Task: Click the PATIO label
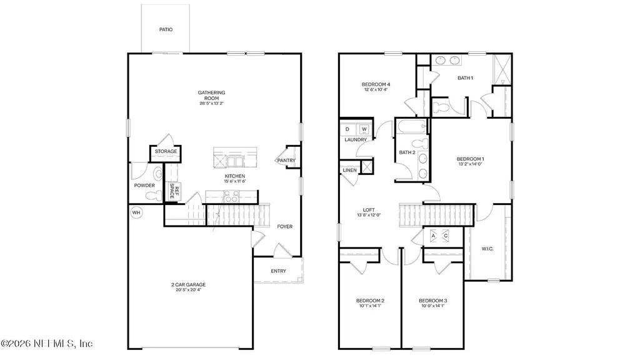(x=165, y=29)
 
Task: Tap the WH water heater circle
(x=136, y=213)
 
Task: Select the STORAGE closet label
(x=166, y=151)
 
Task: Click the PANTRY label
(x=286, y=161)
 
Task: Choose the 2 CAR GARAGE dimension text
(x=188, y=290)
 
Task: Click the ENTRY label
(x=278, y=271)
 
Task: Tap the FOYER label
(x=284, y=226)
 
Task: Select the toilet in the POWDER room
(x=152, y=195)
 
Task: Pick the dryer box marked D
(x=348, y=129)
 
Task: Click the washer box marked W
(x=363, y=129)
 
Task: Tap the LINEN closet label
(x=349, y=170)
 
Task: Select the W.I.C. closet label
(x=487, y=249)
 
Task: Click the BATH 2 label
(x=407, y=152)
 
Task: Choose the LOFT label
(x=368, y=210)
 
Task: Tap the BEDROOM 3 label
(x=432, y=301)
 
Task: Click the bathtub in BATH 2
(x=409, y=129)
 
